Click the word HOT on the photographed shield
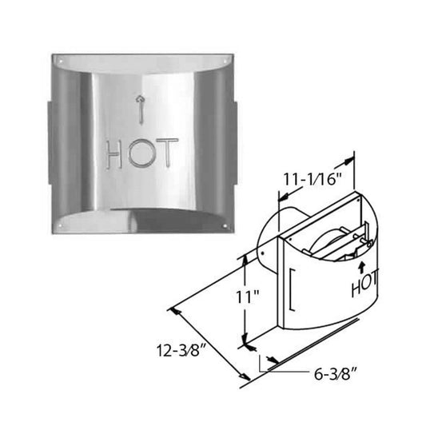pyautogui.click(x=141, y=153)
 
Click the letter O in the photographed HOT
pyautogui.click(x=141, y=153)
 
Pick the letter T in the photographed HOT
pyautogui.click(x=166, y=153)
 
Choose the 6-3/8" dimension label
pyautogui.click(x=334, y=372)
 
